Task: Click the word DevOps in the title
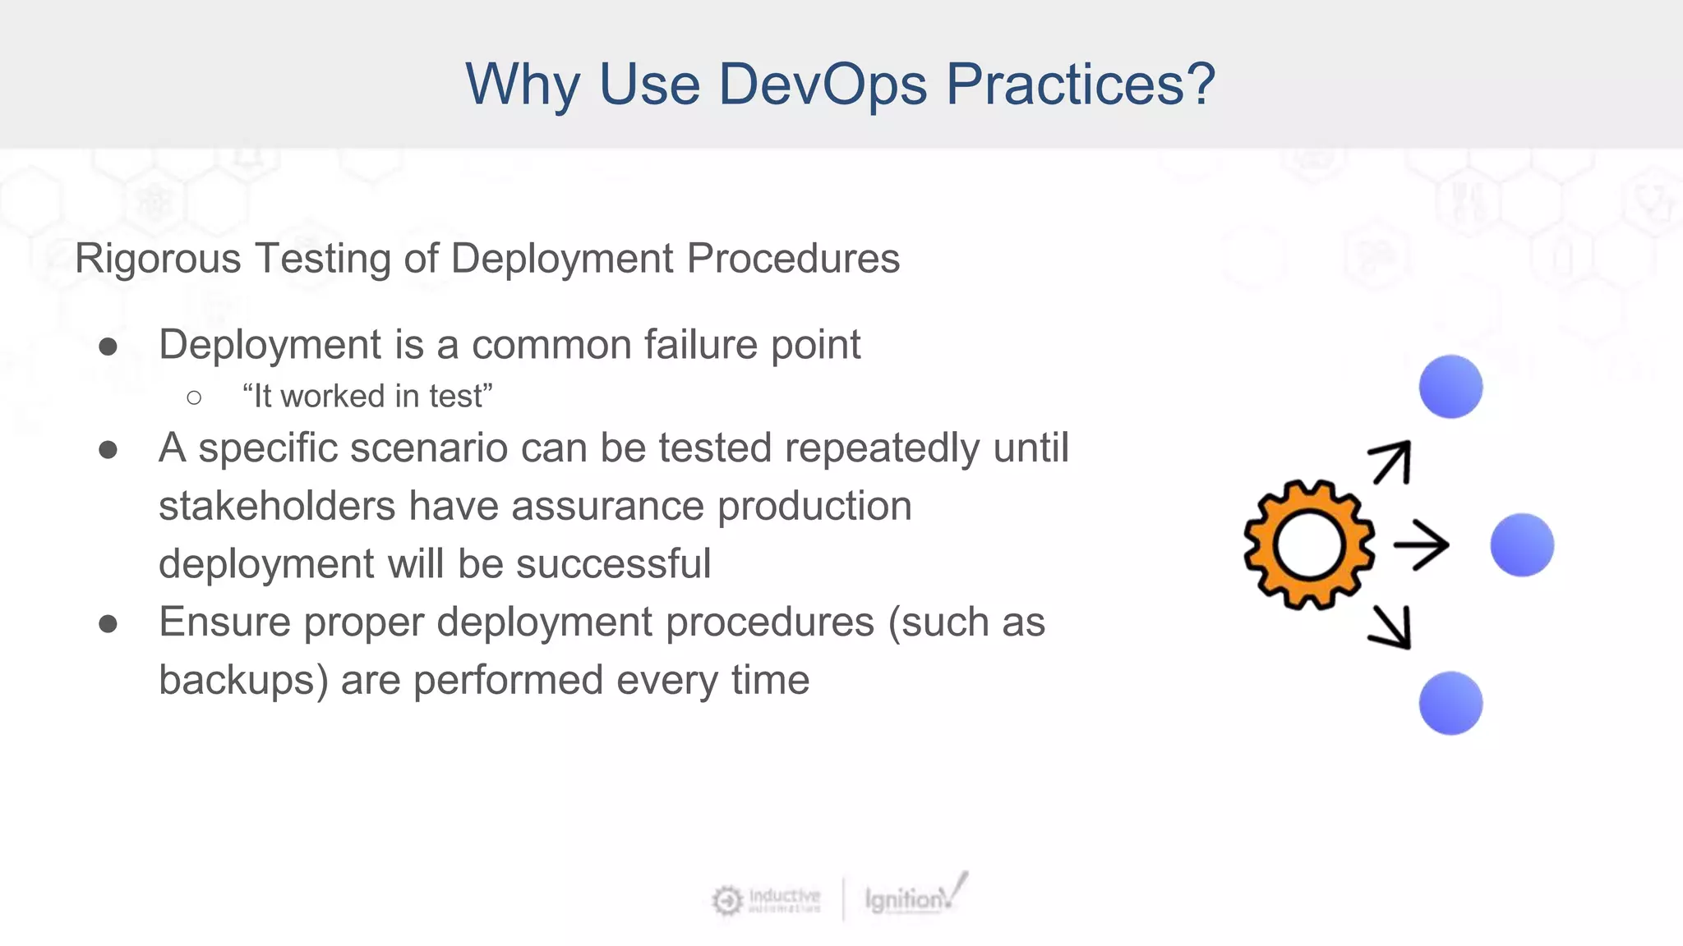[x=823, y=84]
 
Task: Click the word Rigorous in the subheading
[x=158, y=259]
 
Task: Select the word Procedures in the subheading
[x=793, y=258]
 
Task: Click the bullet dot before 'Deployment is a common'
[x=108, y=347]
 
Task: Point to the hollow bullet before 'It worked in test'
[x=194, y=398]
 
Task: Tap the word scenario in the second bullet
[x=425, y=448]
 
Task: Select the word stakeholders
[x=277, y=506]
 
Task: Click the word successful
[x=613, y=564]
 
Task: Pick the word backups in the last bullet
[x=242, y=681]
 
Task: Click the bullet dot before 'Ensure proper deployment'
[x=108, y=624]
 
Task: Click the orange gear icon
[x=1308, y=545]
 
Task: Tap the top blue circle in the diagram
[x=1450, y=387]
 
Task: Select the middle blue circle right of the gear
[x=1522, y=545]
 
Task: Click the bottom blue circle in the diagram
[x=1450, y=703]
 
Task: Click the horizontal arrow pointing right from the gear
[x=1421, y=545]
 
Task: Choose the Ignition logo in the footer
[x=912, y=897]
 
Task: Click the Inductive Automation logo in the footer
[x=767, y=900]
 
